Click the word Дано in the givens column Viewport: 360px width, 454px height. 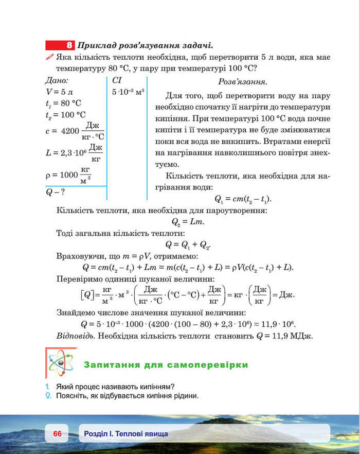tap(57, 80)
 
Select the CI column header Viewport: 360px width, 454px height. tap(116, 80)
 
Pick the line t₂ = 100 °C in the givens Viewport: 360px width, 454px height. tap(66, 115)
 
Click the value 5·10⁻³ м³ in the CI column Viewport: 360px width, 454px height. tap(128, 92)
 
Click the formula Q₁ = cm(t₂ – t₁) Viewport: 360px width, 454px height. tap(242, 199)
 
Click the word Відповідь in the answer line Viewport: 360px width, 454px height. tap(74, 336)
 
